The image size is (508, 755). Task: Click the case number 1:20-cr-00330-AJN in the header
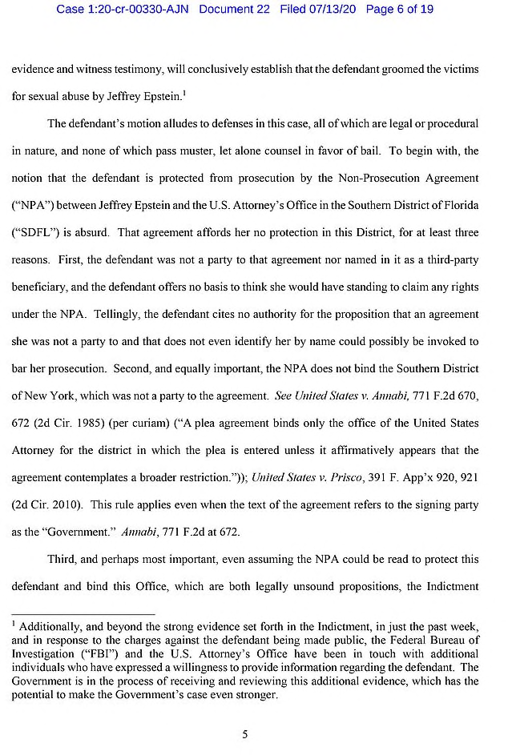click(x=123, y=10)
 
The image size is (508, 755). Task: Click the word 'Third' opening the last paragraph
click(x=63, y=559)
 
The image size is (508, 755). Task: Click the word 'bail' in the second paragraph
click(x=417, y=151)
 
